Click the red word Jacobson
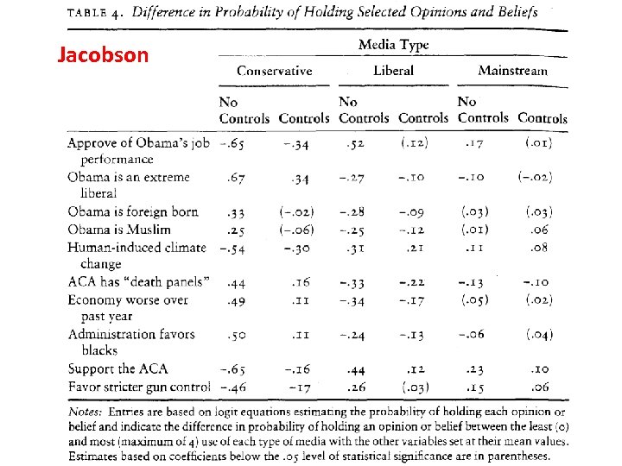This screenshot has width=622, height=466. [103, 55]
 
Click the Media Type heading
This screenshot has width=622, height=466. [393, 45]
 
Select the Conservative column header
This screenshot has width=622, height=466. [274, 71]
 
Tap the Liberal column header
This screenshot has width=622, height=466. [393, 71]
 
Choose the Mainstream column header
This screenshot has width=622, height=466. [512, 71]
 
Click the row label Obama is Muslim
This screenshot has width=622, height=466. [119, 230]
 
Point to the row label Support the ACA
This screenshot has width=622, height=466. [118, 368]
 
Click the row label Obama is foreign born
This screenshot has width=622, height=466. [133, 211]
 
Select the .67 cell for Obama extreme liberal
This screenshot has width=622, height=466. [235, 178]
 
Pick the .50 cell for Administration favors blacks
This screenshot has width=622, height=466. [235, 334]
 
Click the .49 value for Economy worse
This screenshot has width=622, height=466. [235, 299]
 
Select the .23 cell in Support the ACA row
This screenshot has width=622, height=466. [471, 368]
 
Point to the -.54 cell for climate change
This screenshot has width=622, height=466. [232, 248]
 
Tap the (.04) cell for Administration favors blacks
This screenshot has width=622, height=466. [538, 334]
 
